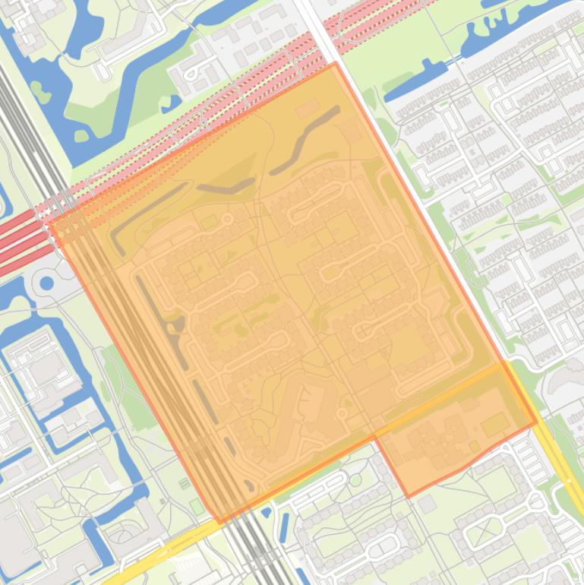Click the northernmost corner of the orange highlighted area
pyautogui.click(x=335, y=64)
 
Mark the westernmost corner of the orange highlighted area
pyautogui.click(x=50, y=223)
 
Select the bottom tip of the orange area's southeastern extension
pyautogui.click(x=408, y=497)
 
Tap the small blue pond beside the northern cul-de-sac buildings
pyautogui.click(x=175, y=100)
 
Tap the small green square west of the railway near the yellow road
pyautogui.click(x=185, y=483)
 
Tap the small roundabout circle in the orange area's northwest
pyautogui.click(x=226, y=219)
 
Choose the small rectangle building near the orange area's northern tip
pyautogui.click(x=308, y=109)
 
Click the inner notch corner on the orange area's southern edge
pyautogui.click(x=375, y=437)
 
